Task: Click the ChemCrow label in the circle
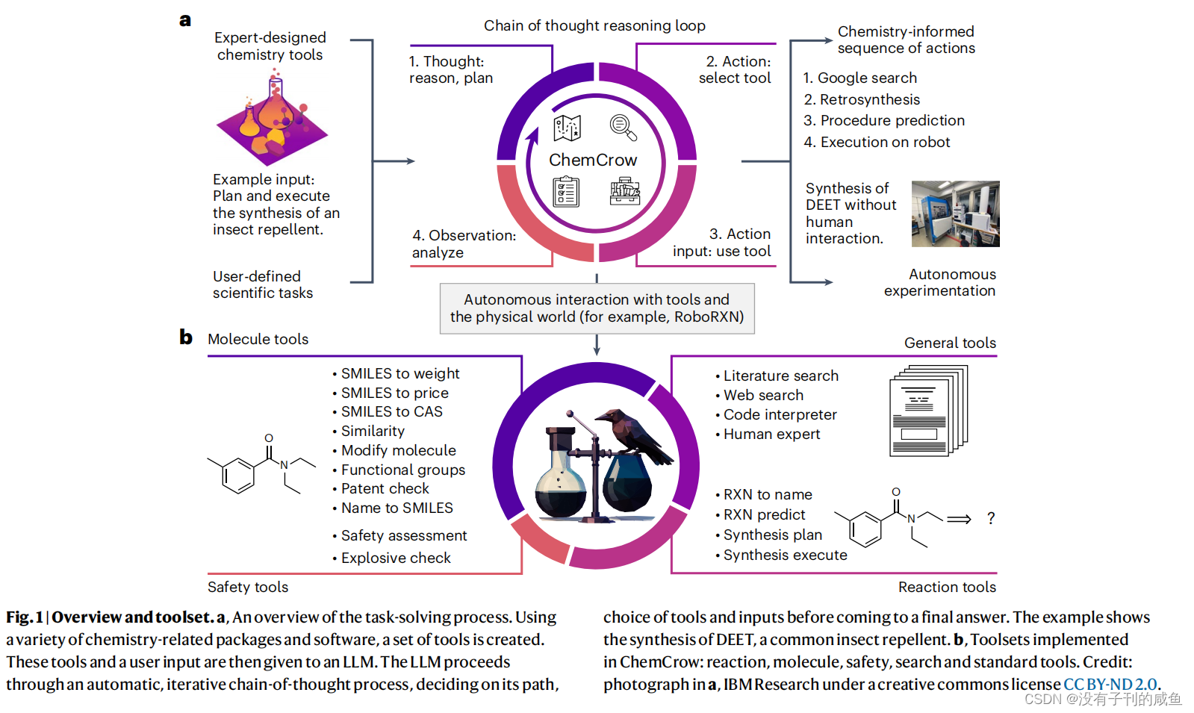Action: (x=593, y=160)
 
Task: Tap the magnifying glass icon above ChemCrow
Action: (x=623, y=128)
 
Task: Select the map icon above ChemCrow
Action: (x=567, y=128)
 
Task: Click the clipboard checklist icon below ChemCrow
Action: (x=566, y=192)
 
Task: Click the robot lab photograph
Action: (x=955, y=214)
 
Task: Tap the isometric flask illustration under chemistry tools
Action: (x=272, y=119)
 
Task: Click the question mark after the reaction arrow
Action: (x=991, y=518)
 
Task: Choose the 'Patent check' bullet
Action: (x=385, y=488)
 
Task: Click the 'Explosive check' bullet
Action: (x=395, y=558)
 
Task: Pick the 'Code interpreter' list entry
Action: (x=780, y=414)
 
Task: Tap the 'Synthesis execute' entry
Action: (x=785, y=555)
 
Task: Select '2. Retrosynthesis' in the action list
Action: (x=862, y=99)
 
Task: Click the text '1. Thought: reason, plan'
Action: (x=450, y=69)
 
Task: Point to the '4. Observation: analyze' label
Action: (x=464, y=243)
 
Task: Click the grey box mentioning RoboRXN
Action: (x=597, y=308)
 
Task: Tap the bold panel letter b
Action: (x=186, y=337)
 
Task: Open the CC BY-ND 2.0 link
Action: (x=1110, y=684)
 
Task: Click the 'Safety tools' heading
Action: (x=248, y=587)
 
